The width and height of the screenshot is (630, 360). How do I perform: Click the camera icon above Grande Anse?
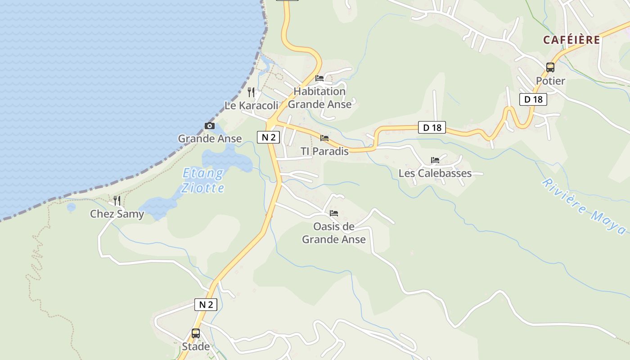coord(210,126)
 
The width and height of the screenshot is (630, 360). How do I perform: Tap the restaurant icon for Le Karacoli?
coord(251,92)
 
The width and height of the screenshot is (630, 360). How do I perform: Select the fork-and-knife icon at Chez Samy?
coord(117,201)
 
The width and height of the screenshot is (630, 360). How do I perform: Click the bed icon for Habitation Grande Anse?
coord(319,78)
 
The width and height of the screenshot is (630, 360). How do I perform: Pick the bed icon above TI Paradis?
coord(324,138)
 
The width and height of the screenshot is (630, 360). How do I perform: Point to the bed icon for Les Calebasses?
coord(435,160)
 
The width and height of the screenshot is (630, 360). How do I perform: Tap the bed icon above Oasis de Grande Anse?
coord(334,213)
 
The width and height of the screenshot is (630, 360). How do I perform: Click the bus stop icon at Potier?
coord(550,67)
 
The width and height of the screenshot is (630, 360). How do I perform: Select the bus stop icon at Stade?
coord(196,333)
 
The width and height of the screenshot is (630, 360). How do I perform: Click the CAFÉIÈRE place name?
coord(571,40)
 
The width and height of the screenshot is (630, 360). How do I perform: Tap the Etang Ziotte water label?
coord(203,180)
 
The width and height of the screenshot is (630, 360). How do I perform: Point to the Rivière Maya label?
coord(584,207)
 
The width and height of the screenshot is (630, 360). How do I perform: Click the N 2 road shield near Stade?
coord(206,305)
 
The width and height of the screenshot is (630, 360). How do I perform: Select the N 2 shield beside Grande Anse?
coord(269,137)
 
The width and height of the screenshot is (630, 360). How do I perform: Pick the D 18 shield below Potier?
coord(533,99)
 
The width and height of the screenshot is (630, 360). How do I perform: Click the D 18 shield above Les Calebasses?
coord(432,128)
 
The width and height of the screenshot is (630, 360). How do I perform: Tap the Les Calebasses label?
coord(435,173)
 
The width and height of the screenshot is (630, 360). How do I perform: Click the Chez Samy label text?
coord(117,214)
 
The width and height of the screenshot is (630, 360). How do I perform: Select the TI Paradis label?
coord(324,151)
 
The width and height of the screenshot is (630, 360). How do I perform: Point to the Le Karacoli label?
coord(251,105)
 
